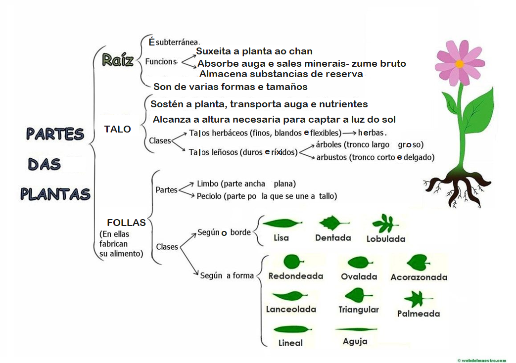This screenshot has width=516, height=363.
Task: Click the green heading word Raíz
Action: pos(118,60)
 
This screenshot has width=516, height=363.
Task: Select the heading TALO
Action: pos(117,129)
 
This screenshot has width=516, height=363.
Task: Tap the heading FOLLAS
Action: pos(126,223)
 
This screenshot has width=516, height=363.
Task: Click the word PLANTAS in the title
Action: pos(55,193)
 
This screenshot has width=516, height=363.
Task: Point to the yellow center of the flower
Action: pos(460,64)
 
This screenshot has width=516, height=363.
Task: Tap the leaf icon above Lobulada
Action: pos(385,223)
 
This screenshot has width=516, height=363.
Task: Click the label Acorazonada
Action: pos(419,277)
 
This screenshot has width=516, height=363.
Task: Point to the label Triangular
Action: pos(359,310)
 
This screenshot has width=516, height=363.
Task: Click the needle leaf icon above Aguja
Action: pos(356,329)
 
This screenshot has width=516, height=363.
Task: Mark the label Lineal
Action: pos(290,343)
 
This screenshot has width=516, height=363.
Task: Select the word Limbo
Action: pos(207,183)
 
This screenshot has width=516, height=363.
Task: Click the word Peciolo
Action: pos(209,196)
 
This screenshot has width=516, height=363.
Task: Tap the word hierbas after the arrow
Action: pos(371,133)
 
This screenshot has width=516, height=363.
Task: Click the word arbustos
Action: pos(331,157)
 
